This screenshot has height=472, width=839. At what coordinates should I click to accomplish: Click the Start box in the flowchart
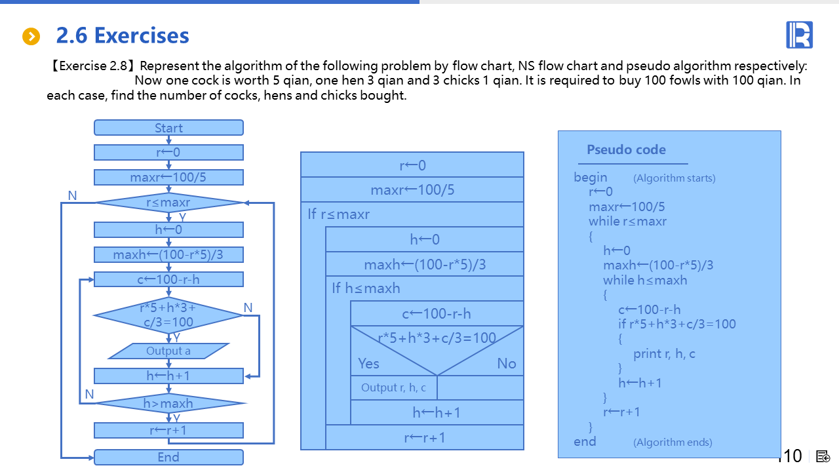(168, 128)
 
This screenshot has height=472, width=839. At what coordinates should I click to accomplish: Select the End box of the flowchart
(168, 457)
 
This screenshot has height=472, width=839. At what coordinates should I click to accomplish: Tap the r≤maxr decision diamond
(168, 203)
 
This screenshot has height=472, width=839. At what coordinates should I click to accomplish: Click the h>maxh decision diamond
(168, 403)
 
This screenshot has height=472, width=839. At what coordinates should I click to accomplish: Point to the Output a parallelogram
(168, 351)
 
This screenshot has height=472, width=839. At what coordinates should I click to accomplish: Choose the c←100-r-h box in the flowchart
(168, 279)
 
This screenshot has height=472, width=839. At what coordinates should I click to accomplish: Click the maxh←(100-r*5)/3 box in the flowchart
(168, 254)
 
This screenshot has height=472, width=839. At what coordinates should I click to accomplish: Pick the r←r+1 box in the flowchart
(168, 430)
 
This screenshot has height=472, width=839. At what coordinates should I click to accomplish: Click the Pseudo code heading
(626, 149)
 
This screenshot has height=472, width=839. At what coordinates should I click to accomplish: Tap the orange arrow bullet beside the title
(31, 37)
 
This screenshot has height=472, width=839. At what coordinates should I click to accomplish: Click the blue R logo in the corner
(799, 35)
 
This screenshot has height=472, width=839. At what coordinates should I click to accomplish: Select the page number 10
(792, 456)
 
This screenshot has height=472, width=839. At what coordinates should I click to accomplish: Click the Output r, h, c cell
(393, 387)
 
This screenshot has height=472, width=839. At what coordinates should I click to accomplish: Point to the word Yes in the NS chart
(368, 363)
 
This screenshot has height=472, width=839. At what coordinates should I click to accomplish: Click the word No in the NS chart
(507, 363)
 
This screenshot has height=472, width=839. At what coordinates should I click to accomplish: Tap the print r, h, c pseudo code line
(664, 354)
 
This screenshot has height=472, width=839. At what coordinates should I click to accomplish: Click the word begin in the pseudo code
(591, 177)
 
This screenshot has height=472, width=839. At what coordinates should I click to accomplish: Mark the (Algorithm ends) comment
(673, 442)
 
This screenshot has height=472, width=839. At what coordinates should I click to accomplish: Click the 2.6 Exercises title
(123, 35)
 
